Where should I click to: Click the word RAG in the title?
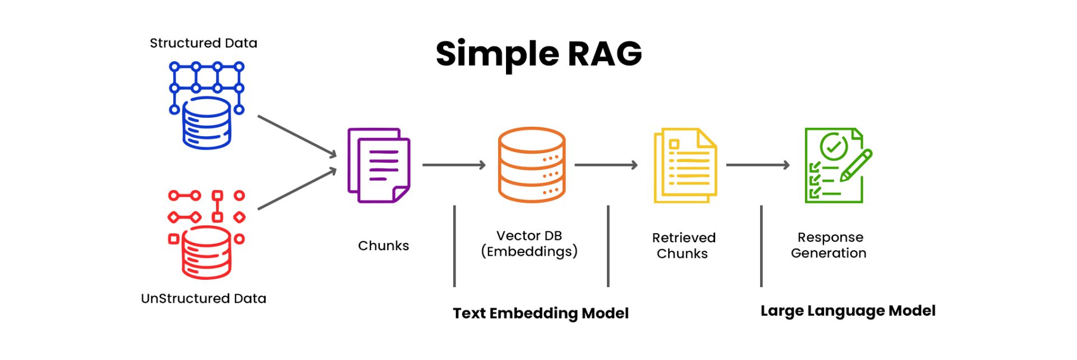(604, 54)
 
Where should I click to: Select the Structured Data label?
(203, 43)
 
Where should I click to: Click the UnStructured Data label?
(203, 298)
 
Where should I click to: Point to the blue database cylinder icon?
(206, 123)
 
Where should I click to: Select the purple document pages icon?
(379, 165)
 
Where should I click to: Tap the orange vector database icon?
(531, 165)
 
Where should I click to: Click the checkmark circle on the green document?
(834, 146)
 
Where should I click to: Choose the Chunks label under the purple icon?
(383, 246)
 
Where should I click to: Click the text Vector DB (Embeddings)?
(529, 243)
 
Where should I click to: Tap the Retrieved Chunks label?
(683, 246)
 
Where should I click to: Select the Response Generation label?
(829, 245)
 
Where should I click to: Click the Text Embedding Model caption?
(540, 313)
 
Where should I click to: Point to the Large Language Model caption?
(848, 311)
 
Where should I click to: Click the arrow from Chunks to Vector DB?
(453, 165)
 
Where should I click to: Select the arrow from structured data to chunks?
(296, 136)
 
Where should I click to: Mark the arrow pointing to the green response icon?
(757, 165)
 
